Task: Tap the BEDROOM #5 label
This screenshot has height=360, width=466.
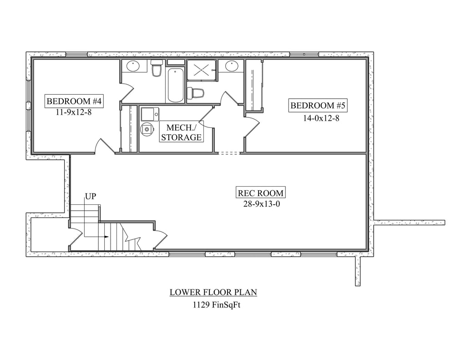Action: pos(319,106)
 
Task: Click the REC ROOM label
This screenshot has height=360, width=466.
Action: pos(261,193)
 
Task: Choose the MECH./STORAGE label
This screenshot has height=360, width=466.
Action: pos(181,132)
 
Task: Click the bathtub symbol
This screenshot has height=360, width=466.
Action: pos(175,86)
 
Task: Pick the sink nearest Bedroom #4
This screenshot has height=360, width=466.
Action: pos(132,66)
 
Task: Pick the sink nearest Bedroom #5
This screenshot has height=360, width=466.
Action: pos(232,66)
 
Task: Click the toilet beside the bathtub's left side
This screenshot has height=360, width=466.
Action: pos(157,69)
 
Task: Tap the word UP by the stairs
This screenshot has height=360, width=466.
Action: pos(91,197)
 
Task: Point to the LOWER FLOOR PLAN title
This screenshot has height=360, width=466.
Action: pos(213,292)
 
